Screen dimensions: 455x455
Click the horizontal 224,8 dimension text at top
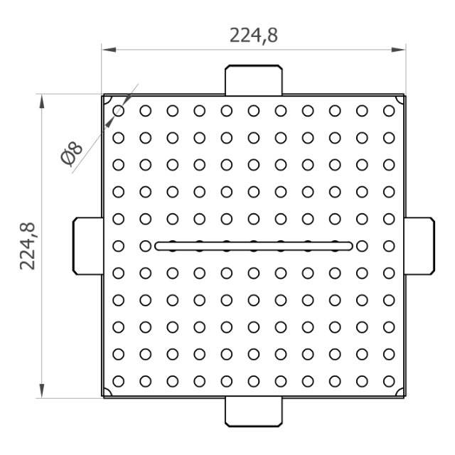click(x=254, y=36)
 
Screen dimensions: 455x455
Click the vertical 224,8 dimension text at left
click(x=28, y=247)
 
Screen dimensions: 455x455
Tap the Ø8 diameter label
click(x=71, y=154)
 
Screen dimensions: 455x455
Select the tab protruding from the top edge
click(x=254, y=80)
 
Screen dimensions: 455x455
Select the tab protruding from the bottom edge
click(x=254, y=412)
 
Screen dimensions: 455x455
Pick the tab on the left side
click(x=88, y=246)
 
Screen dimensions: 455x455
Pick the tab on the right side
click(x=419, y=246)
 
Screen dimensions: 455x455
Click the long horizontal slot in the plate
click(x=254, y=246)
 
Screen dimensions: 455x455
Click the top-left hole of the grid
click(x=119, y=111)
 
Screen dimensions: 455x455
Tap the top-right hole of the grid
click(x=389, y=111)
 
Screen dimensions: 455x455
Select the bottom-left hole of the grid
click(x=119, y=381)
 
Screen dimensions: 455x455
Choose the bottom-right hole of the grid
click(x=389, y=381)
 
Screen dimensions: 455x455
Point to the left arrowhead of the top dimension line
click(x=109, y=50)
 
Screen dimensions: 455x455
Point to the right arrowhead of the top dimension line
click(x=398, y=50)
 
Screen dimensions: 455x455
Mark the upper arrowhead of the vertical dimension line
click(x=42, y=102)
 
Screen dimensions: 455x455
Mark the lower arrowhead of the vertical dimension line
click(x=42, y=390)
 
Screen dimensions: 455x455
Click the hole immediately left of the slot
click(x=145, y=246)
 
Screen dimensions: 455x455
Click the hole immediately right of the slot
click(x=362, y=246)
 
